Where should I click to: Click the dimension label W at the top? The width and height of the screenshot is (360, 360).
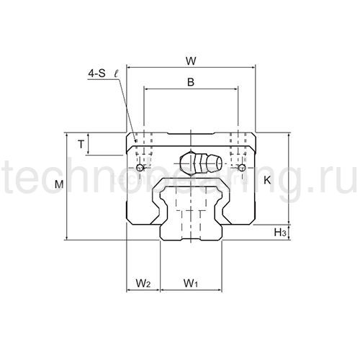click(191, 60)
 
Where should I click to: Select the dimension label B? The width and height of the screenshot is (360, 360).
click(191, 82)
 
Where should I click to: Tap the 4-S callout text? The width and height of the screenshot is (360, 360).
click(95, 72)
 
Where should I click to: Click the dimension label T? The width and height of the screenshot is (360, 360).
click(81, 144)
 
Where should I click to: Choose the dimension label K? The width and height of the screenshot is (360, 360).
click(268, 181)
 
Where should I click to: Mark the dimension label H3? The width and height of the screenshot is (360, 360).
click(281, 232)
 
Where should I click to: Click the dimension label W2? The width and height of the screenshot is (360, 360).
click(143, 283)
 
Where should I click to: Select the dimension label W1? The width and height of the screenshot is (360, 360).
click(191, 283)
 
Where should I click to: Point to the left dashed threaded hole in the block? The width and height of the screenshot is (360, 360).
click(144, 148)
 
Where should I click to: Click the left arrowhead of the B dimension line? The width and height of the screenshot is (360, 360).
click(147, 89)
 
